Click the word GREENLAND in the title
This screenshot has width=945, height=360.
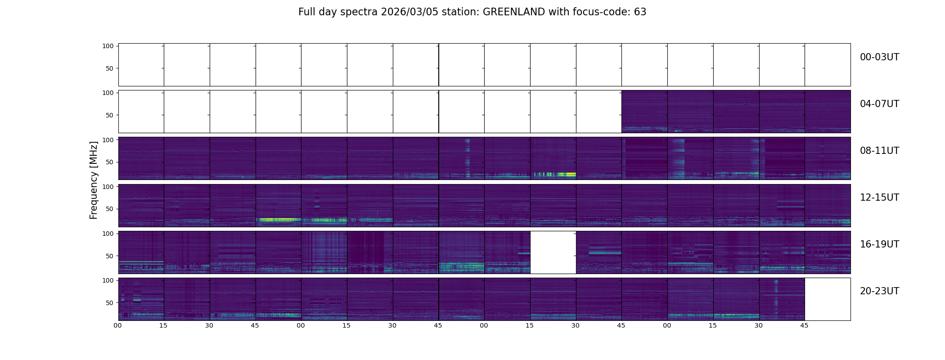(514, 12)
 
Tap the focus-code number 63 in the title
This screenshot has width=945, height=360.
(640, 12)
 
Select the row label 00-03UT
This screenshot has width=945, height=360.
(879, 57)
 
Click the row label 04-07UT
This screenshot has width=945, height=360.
(879, 104)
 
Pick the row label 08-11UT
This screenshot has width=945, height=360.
(879, 151)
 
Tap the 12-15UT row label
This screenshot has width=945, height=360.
(879, 198)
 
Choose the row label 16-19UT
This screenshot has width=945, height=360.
(879, 244)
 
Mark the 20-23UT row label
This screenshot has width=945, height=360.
(879, 291)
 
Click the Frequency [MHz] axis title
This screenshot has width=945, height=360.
(94, 180)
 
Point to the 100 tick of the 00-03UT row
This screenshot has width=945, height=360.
(108, 46)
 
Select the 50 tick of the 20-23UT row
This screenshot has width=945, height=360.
(110, 303)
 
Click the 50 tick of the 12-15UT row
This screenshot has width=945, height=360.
(110, 209)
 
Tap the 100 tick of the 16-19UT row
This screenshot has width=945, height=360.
(108, 234)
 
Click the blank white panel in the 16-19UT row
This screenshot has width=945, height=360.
(553, 252)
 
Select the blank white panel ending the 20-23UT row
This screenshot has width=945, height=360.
(828, 299)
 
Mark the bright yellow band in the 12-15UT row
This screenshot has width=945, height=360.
(279, 220)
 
